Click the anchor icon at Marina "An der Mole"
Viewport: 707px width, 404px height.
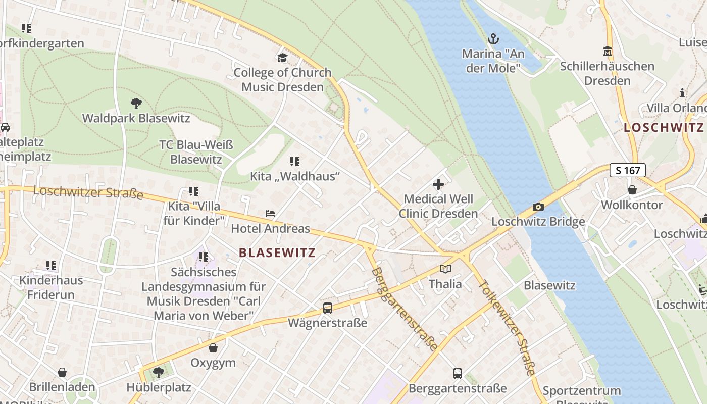493,39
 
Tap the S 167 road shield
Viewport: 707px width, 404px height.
628,170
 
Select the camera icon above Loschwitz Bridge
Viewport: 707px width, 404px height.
538,207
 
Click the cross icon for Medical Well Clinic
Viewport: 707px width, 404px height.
438,184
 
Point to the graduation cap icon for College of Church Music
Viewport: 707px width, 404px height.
282,58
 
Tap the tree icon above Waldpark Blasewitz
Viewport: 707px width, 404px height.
136,104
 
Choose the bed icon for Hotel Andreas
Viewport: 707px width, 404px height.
270,214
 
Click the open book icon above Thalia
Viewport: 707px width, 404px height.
445,269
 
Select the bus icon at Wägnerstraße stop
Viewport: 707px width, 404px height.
327,308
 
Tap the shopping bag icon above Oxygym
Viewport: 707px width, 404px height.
213,348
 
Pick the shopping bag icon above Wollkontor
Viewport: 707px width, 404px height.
632,190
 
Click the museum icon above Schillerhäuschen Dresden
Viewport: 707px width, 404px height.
608,52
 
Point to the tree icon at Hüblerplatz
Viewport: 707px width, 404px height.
159,373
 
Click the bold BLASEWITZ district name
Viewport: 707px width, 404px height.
277,253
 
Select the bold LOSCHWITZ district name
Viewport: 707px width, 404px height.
664,128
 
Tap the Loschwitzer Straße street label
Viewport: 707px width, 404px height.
88,192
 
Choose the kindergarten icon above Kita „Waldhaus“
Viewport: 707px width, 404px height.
295,162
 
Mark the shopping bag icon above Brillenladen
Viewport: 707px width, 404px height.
62,372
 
